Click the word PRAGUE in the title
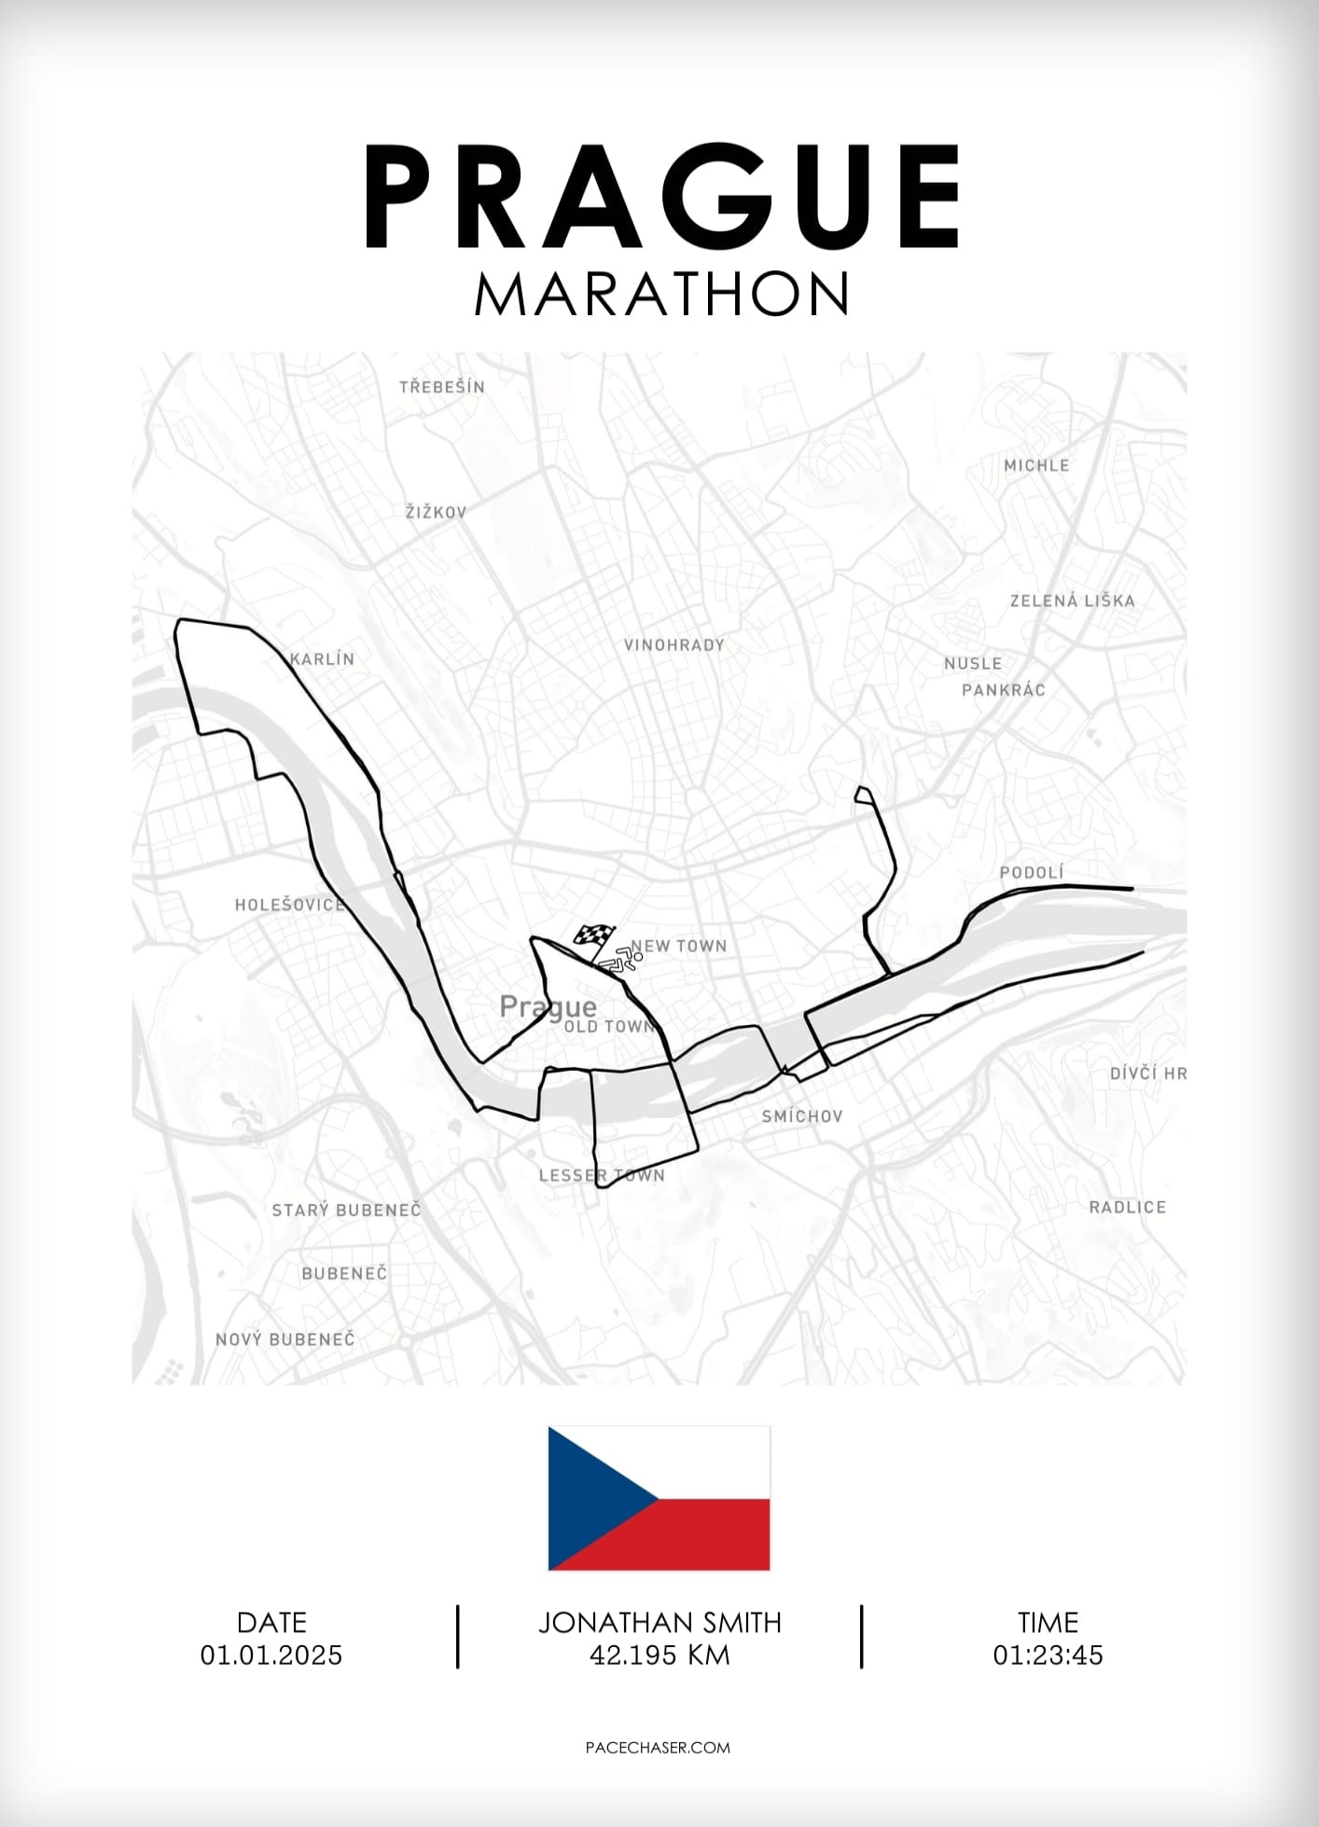660,198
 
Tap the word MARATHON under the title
660,294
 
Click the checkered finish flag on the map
593,935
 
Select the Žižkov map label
436,512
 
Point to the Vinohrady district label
673,644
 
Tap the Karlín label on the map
323,658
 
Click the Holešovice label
289,905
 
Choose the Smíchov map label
801,1116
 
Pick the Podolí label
1031,872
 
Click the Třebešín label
441,386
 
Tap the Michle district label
1036,464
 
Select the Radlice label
1127,1207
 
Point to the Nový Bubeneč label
285,1339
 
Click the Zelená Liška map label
1072,601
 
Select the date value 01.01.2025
271,1655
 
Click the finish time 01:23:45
1048,1655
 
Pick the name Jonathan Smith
659,1623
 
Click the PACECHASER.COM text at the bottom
658,1748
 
